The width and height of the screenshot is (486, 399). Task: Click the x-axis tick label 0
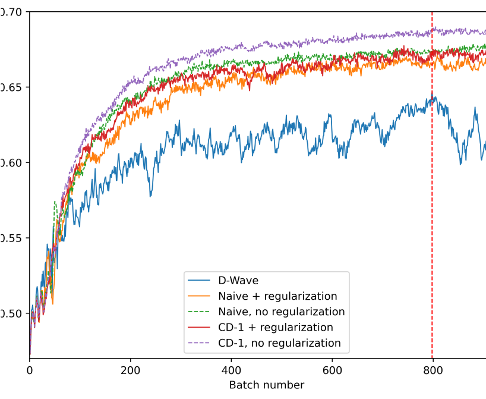click(29, 370)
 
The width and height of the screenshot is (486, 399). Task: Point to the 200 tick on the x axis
click(130, 370)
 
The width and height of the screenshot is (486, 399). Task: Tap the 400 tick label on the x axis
click(231, 370)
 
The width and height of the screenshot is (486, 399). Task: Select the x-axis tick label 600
click(332, 370)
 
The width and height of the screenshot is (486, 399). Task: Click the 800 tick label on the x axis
click(433, 370)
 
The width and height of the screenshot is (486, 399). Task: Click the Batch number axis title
click(267, 385)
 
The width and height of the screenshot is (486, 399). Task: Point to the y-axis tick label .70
click(11, 12)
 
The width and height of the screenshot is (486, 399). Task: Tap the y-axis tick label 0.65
click(11, 87)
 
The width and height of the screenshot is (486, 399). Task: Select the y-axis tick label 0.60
click(11, 163)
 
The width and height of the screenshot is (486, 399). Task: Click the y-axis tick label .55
click(11, 238)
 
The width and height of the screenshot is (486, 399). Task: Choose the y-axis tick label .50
click(11, 314)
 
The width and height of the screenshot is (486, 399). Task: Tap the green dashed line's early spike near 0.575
click(55, 203)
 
